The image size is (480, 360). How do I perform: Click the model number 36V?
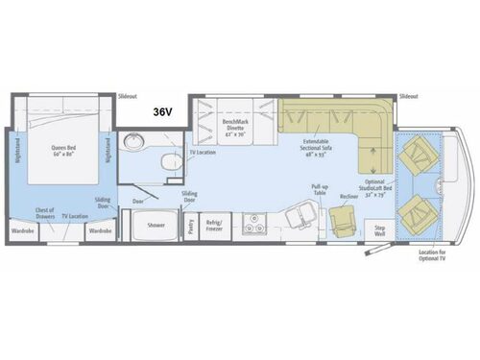(161, 111)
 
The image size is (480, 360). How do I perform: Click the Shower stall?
(155, 227)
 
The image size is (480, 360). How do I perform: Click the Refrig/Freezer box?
(214, 228)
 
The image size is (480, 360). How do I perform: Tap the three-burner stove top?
(256, 227)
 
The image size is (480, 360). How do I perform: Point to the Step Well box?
(378, 229)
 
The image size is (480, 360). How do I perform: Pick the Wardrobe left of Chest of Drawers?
(24, 230)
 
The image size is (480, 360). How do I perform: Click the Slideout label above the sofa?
(408, 98)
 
